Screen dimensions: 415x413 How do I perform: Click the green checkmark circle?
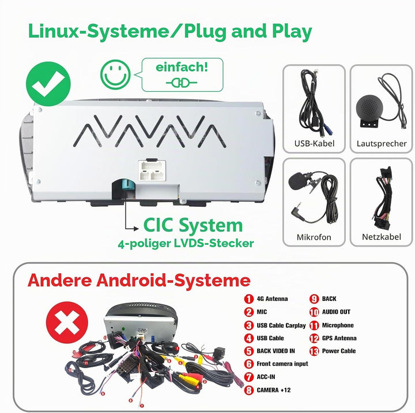tap(48, 84)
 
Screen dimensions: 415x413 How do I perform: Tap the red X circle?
tap(67, 322)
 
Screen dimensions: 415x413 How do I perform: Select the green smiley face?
tap(115, 75)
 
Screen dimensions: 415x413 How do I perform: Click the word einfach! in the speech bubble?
tap(182, 68)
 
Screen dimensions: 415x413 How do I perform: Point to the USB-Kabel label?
tap(314, 143)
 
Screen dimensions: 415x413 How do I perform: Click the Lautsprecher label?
tap(382, 143)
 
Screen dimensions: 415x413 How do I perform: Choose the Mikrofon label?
tap(314, 237)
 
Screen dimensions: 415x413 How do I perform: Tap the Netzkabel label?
tap(382, 237)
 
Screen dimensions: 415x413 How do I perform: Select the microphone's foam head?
tap(297, 181)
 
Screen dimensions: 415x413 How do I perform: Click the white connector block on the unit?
tap(152, 170)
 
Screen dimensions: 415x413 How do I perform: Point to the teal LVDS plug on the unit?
tap(127, 185)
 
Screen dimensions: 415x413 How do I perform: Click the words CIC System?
tap(193, 225)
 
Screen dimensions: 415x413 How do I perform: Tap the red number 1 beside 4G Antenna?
tap(248, 299)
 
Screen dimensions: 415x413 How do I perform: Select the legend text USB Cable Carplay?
tap(281, 325)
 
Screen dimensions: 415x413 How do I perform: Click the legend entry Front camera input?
tap(282, 364)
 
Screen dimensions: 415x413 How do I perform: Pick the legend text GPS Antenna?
tap(339, 338)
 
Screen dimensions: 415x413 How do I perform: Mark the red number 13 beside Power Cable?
tap(314, 351)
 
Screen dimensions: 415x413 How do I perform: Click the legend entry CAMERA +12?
tap(274, 390)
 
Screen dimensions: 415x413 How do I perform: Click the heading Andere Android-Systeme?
tap(139, 280)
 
